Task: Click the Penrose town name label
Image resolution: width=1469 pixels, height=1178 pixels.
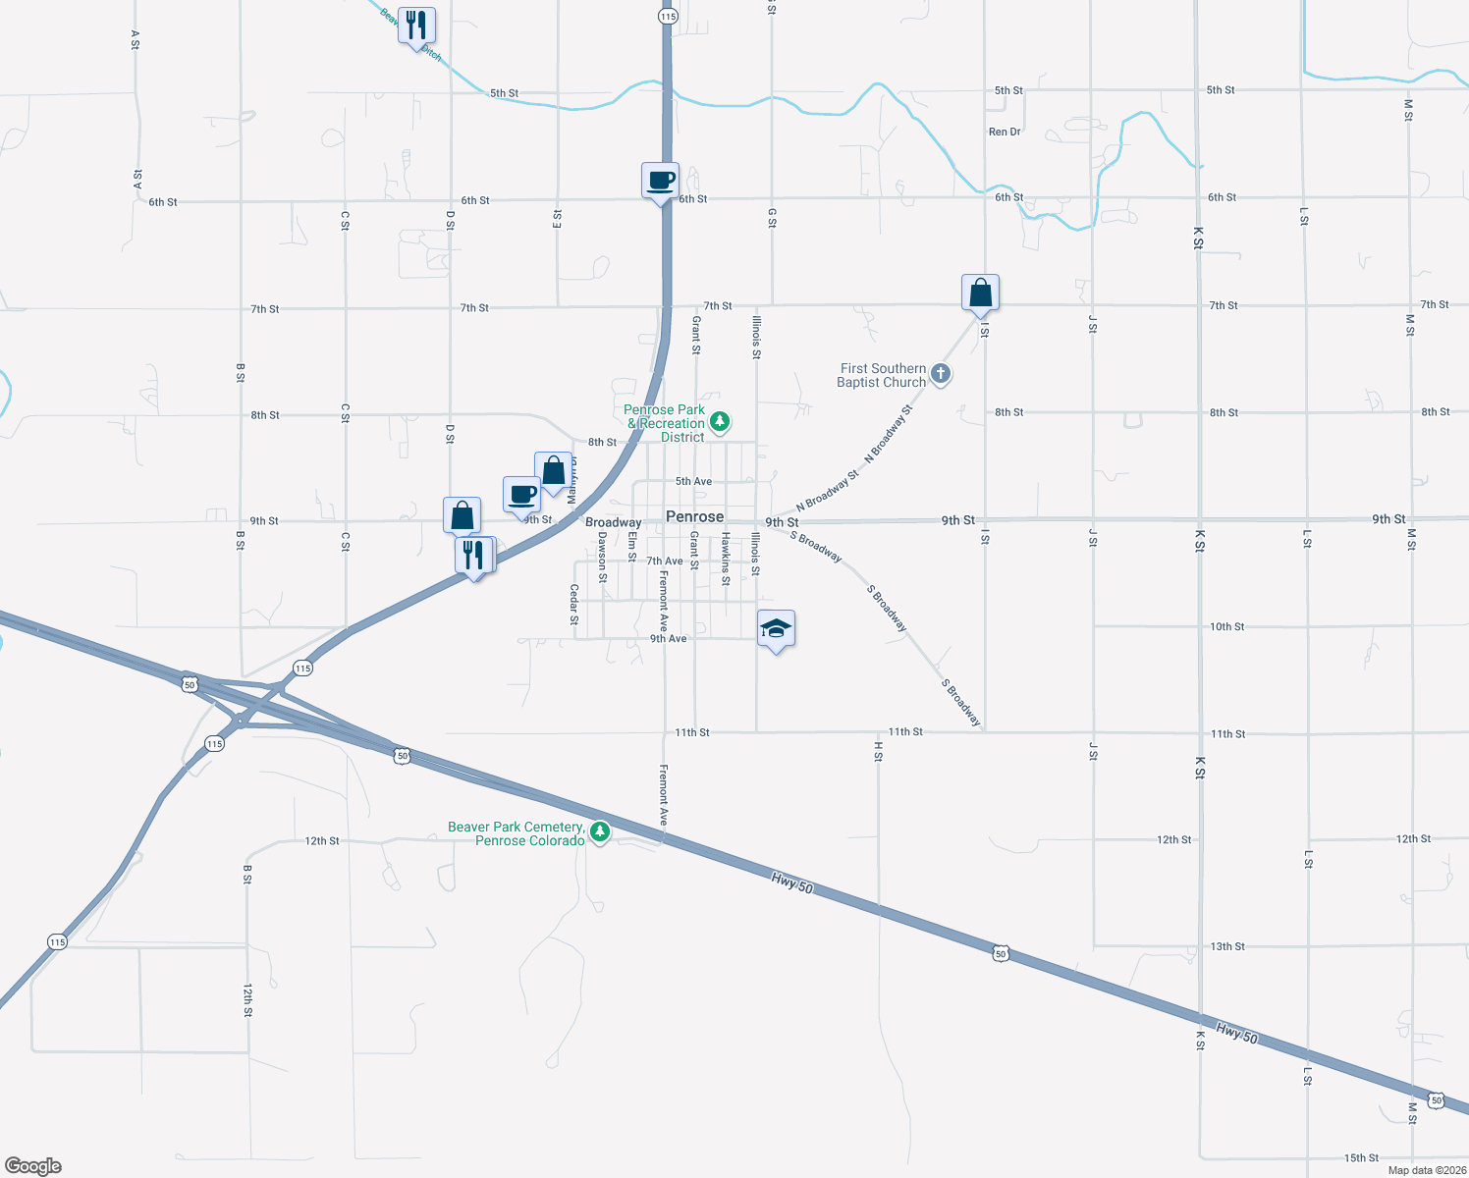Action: point(694,516)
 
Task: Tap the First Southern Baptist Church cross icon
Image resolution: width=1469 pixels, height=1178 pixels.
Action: point(941,373)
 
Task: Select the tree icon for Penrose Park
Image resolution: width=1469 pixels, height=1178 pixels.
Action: point(721,422)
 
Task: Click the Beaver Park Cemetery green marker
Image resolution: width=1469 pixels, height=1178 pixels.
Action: point(600,832)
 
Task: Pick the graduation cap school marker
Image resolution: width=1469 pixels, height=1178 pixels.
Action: point(776,628)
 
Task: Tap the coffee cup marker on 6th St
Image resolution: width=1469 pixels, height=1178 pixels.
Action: point(660,181)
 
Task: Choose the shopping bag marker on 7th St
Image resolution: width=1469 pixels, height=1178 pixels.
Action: point(980,293)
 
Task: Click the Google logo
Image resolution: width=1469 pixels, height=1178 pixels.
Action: point(33,1166)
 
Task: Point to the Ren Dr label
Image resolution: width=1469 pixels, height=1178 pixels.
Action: point(1005,132)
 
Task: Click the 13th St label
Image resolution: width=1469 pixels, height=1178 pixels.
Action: point(1227,946)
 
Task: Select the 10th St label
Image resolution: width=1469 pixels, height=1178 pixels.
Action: point(1226,626)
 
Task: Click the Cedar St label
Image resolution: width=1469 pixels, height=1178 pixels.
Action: point(574,605)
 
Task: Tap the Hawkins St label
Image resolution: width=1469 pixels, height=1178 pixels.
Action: point(726,559)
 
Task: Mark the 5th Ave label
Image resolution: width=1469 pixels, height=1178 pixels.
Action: point(693,481)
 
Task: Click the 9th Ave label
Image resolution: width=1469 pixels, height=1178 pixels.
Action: point(668,639)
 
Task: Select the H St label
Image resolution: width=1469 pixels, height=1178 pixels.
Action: point(878,751)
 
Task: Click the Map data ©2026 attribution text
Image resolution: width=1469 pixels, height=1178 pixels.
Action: point(1425,1170)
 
